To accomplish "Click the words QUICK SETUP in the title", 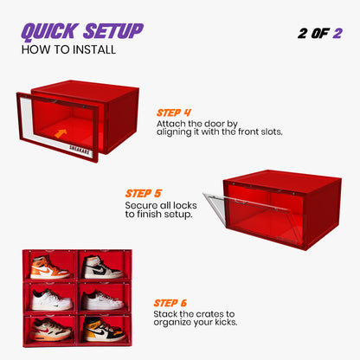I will point(81,30).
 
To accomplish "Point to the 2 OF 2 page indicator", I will point(319,32).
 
